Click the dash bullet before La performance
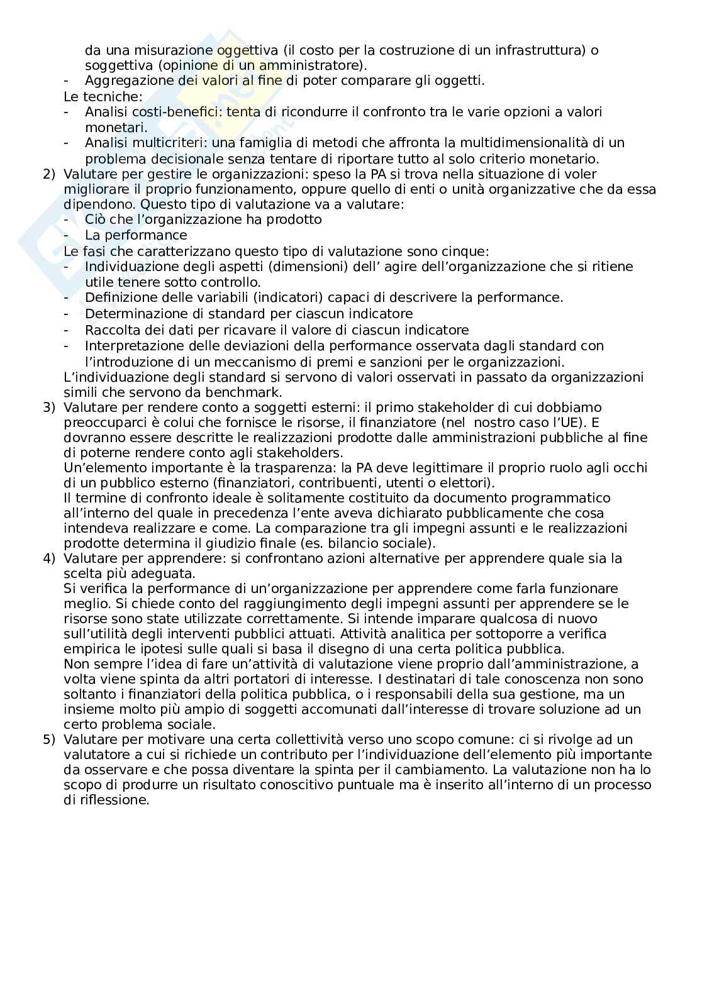pos(67,236)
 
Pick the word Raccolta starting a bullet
pos(112,330)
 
